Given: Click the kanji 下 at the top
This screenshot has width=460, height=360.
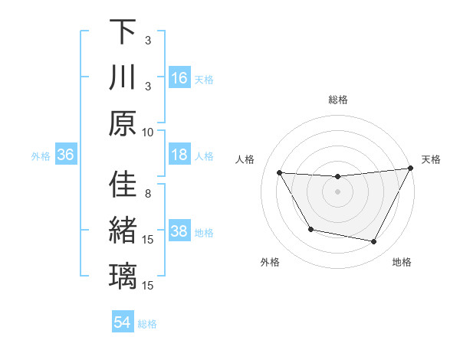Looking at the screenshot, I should tap(123, 33).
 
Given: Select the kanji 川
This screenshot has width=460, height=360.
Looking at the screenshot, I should tap(123, 78).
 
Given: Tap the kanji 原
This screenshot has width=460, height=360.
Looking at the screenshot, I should tap(123, 123).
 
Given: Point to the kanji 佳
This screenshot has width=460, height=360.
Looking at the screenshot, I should tap(123, 185).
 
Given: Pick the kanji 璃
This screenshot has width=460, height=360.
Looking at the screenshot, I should tap(123, 276).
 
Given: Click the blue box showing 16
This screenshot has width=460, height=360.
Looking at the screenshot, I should tap(179, 78).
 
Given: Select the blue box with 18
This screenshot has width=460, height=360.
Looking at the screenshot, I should tap(179, 155).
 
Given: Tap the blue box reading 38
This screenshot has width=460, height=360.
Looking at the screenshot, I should tap(179, 231).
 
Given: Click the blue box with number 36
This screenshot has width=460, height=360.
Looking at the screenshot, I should tap(65, 155).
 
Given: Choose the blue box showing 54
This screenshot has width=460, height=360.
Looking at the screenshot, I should tap(123, 322).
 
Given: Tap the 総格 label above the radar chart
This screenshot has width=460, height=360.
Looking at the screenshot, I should tap(338, 100).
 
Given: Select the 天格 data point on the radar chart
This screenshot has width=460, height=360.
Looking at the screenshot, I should tap(411, 169).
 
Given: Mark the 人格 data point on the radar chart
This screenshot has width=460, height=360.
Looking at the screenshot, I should tap(279, 173).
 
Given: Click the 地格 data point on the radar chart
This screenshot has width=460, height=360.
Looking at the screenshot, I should tap(374, 242).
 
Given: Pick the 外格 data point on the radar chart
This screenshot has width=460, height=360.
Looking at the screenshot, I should tap(310, 229).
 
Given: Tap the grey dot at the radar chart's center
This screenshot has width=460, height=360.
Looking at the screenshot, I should tap(338, 192).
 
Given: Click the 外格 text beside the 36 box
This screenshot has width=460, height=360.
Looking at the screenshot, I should tap(41, 155).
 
